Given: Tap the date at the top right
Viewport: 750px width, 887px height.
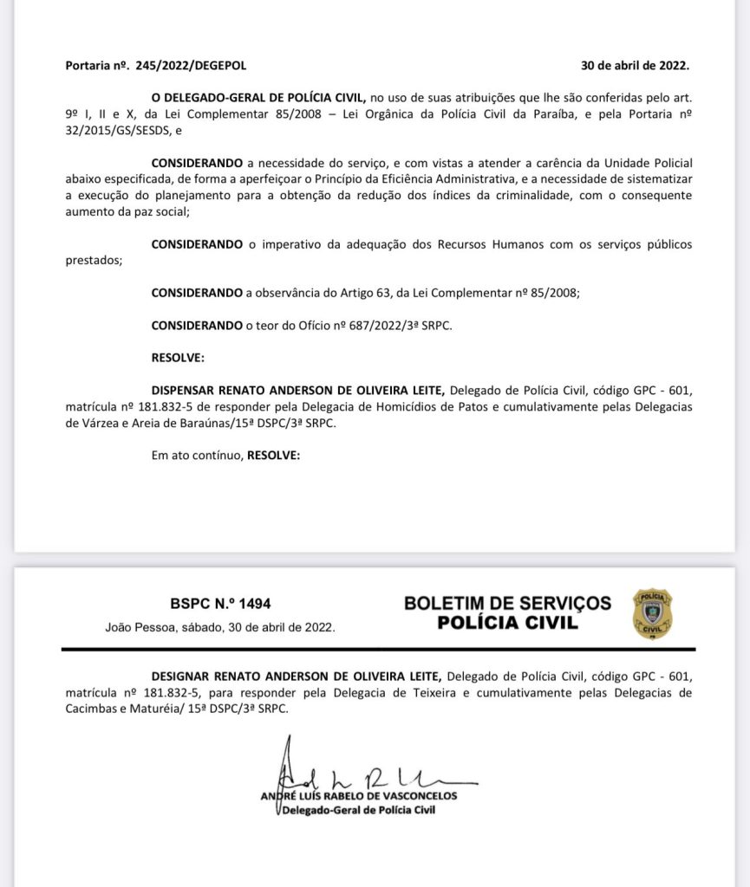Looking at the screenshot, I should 636,65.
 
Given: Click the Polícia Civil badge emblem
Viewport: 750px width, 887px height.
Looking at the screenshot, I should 652,613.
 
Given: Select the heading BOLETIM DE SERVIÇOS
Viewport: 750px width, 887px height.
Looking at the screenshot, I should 507,603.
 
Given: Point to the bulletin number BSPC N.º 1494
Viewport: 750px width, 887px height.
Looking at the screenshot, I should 220,604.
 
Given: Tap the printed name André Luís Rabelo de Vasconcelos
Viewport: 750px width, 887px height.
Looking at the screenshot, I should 359,796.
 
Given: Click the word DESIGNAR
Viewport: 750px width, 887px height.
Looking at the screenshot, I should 183,675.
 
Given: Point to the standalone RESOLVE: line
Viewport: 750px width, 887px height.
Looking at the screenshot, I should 178,357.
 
